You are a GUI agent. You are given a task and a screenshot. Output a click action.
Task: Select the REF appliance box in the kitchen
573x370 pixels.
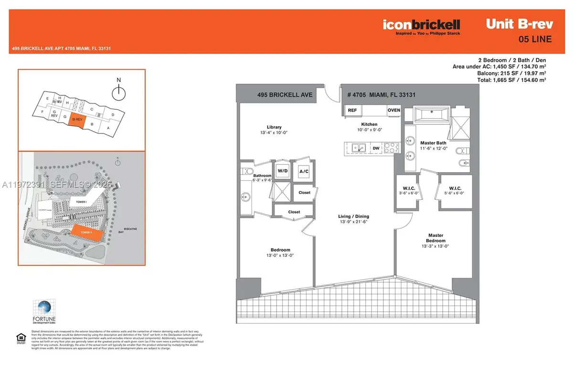352,110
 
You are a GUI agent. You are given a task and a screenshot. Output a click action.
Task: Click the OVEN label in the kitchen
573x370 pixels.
393,110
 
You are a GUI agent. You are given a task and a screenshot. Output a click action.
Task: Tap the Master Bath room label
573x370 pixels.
433,143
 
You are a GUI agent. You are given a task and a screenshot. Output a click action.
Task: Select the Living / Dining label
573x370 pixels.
353,216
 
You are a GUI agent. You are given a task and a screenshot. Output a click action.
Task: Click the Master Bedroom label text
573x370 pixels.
436,237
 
